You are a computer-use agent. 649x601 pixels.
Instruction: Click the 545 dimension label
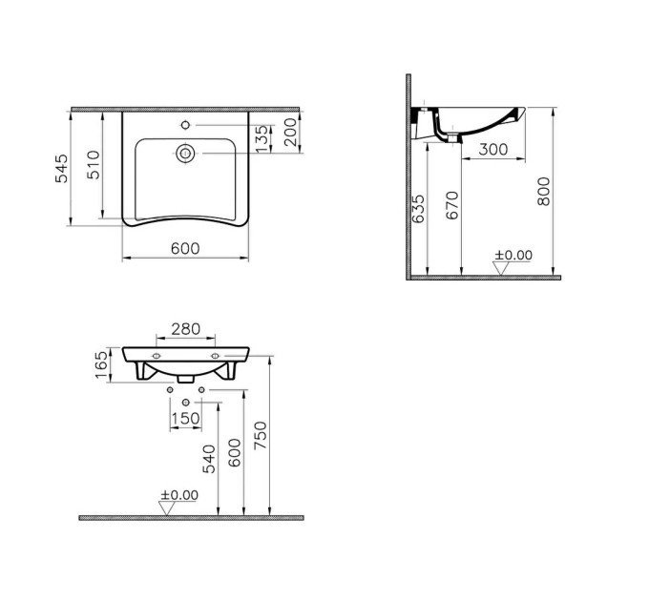[x=61, y=168]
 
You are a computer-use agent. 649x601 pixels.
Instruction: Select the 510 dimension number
[x=94, y=165]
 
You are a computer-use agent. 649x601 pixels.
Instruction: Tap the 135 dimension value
[x=262, y=138]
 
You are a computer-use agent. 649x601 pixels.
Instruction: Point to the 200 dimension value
[x=290, y=133]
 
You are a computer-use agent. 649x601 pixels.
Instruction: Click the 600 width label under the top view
[x=185, y=248]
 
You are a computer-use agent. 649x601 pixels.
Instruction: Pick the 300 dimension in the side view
[x=493, y=149]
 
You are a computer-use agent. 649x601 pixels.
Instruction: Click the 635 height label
[x=419, y=209]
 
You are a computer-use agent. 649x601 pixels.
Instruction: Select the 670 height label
[x=452, y=205]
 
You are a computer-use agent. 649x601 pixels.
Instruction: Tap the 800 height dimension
[x=543, y=191]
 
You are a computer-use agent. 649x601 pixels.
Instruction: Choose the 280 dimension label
[x=186, y=329]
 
